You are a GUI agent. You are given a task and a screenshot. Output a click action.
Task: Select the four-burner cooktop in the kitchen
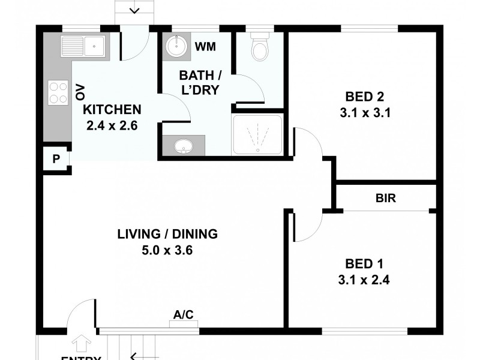tap(58, 92)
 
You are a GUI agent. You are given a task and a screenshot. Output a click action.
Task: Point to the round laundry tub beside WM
tap(175, 46)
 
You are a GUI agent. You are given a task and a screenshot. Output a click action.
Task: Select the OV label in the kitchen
tap(80, 92)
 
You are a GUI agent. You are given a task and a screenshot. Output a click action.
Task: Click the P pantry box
tap(56, 160)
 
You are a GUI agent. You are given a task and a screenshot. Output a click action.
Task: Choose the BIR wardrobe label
tap(385, 198)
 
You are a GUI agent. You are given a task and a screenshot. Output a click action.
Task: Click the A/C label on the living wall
tap(184, 314)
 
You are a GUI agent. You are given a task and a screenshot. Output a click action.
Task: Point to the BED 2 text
tap(364, 97)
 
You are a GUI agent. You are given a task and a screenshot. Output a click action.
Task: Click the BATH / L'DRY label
tap(199, 83)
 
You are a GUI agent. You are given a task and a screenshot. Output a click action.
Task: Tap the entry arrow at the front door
tap(81, 344)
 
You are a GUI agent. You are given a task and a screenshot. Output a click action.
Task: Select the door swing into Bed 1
tap(308, 227)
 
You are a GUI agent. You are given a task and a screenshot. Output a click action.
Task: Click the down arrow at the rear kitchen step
tap(134, 9)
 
